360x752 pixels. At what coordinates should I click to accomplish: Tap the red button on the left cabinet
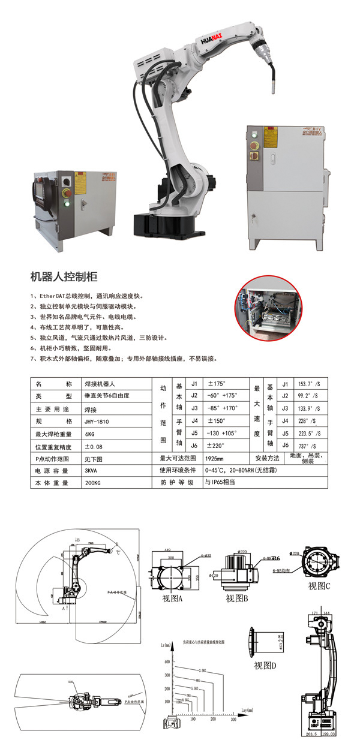pyautogui.click(x=76, y=182)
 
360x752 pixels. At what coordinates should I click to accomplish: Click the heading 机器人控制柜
pyautogui.click(x=64, y=277)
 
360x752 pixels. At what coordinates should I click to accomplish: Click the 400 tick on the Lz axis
pyautogui.click(x=167, y=661)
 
